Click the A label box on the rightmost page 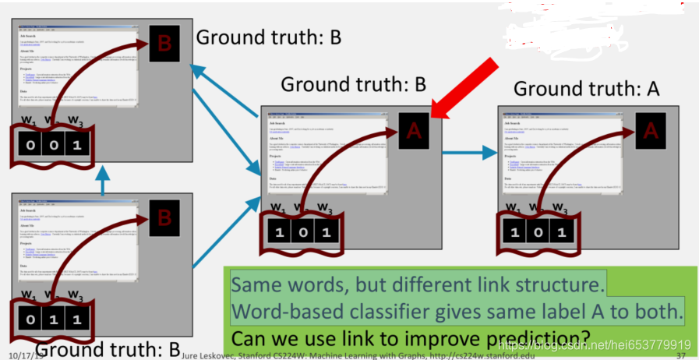650,132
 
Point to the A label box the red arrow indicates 415,132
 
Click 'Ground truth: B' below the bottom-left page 108,348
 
